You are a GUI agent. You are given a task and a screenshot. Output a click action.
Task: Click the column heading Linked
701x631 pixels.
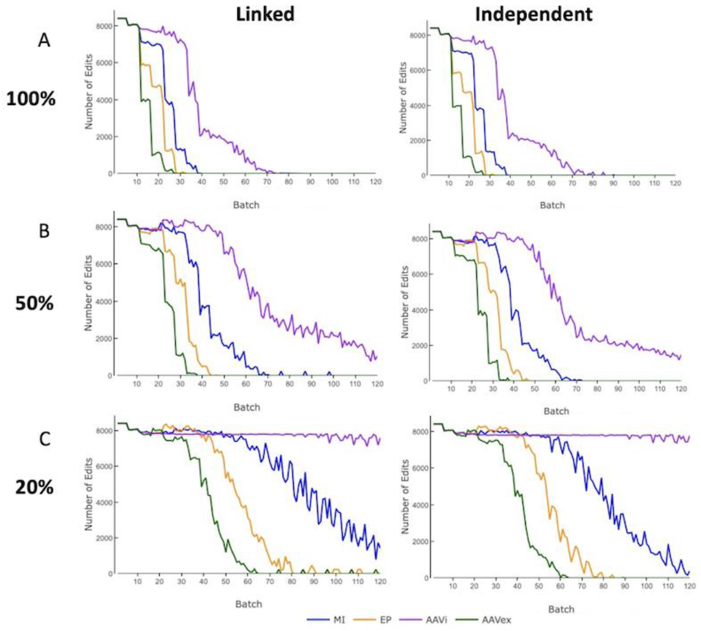click(265, 15)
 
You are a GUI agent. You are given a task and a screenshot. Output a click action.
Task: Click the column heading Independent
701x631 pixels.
click(533, 15)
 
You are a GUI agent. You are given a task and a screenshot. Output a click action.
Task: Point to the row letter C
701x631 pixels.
click(44, 439)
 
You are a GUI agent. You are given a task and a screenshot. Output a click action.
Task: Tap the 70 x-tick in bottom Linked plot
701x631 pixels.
click(270, 582)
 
